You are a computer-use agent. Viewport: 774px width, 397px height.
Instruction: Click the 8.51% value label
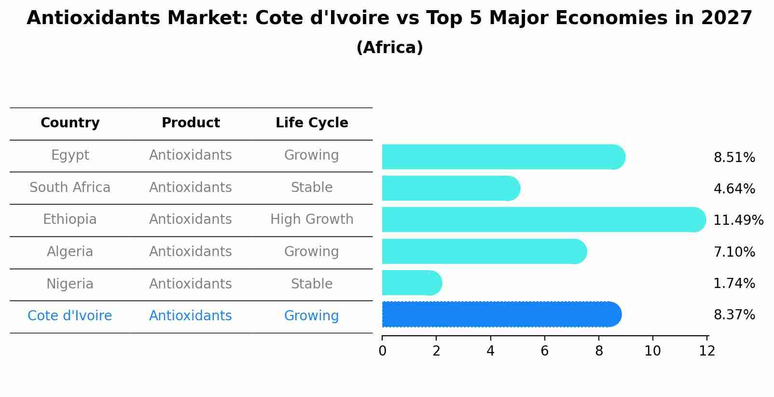pos(734,158)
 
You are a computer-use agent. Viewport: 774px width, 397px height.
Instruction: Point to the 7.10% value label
pos(734,252)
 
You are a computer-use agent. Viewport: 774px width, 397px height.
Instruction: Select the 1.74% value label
pos(734,283)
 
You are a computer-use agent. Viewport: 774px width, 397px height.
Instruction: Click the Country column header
pos(70,123)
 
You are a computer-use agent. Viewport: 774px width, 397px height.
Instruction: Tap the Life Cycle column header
pos(312,123)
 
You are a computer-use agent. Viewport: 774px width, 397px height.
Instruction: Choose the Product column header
pos(191,123)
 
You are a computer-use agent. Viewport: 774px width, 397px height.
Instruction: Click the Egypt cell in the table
pos(70,155)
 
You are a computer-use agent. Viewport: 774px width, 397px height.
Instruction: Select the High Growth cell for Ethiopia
pos(312,219)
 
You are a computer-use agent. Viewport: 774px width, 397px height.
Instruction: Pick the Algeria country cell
pos(70,252)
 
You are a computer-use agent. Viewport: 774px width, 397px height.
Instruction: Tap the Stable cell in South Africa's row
pos(312,188)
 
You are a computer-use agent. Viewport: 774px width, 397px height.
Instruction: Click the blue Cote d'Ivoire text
pos(70,316)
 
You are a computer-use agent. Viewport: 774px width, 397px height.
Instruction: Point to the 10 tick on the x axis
pos(652,351)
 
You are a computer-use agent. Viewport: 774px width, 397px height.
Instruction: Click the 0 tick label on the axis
pos(382,351)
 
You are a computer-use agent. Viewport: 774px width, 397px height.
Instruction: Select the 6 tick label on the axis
pos(544,351)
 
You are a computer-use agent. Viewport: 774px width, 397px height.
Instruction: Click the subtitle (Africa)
pos(389,48)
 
